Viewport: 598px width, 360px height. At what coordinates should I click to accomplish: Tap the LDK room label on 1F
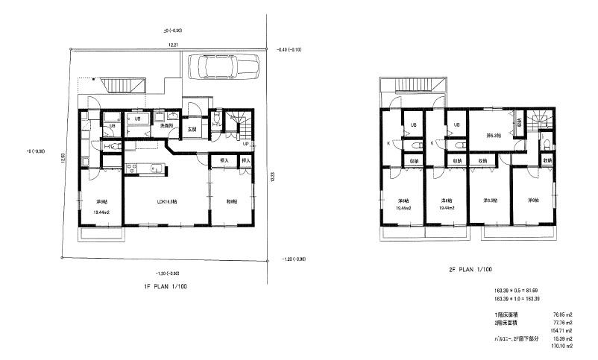tap(166, 201)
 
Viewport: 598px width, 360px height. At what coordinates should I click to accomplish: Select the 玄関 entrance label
tap(192, 129)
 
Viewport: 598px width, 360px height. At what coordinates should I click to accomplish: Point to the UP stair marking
tap(246, 144)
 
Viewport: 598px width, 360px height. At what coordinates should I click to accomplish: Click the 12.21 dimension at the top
tap(172, 46)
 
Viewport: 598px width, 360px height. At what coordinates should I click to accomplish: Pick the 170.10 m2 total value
tap(561, 346)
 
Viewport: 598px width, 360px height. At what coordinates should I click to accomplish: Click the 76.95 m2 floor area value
tap(561, 315)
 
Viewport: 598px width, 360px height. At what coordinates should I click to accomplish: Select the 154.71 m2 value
tap(561, 330)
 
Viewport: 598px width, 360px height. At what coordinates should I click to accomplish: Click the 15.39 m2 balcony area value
tap(561, 338)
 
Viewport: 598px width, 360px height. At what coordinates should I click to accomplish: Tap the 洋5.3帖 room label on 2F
tap(493, 136)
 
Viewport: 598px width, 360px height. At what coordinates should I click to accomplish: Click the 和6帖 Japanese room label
tap(231, 201)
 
